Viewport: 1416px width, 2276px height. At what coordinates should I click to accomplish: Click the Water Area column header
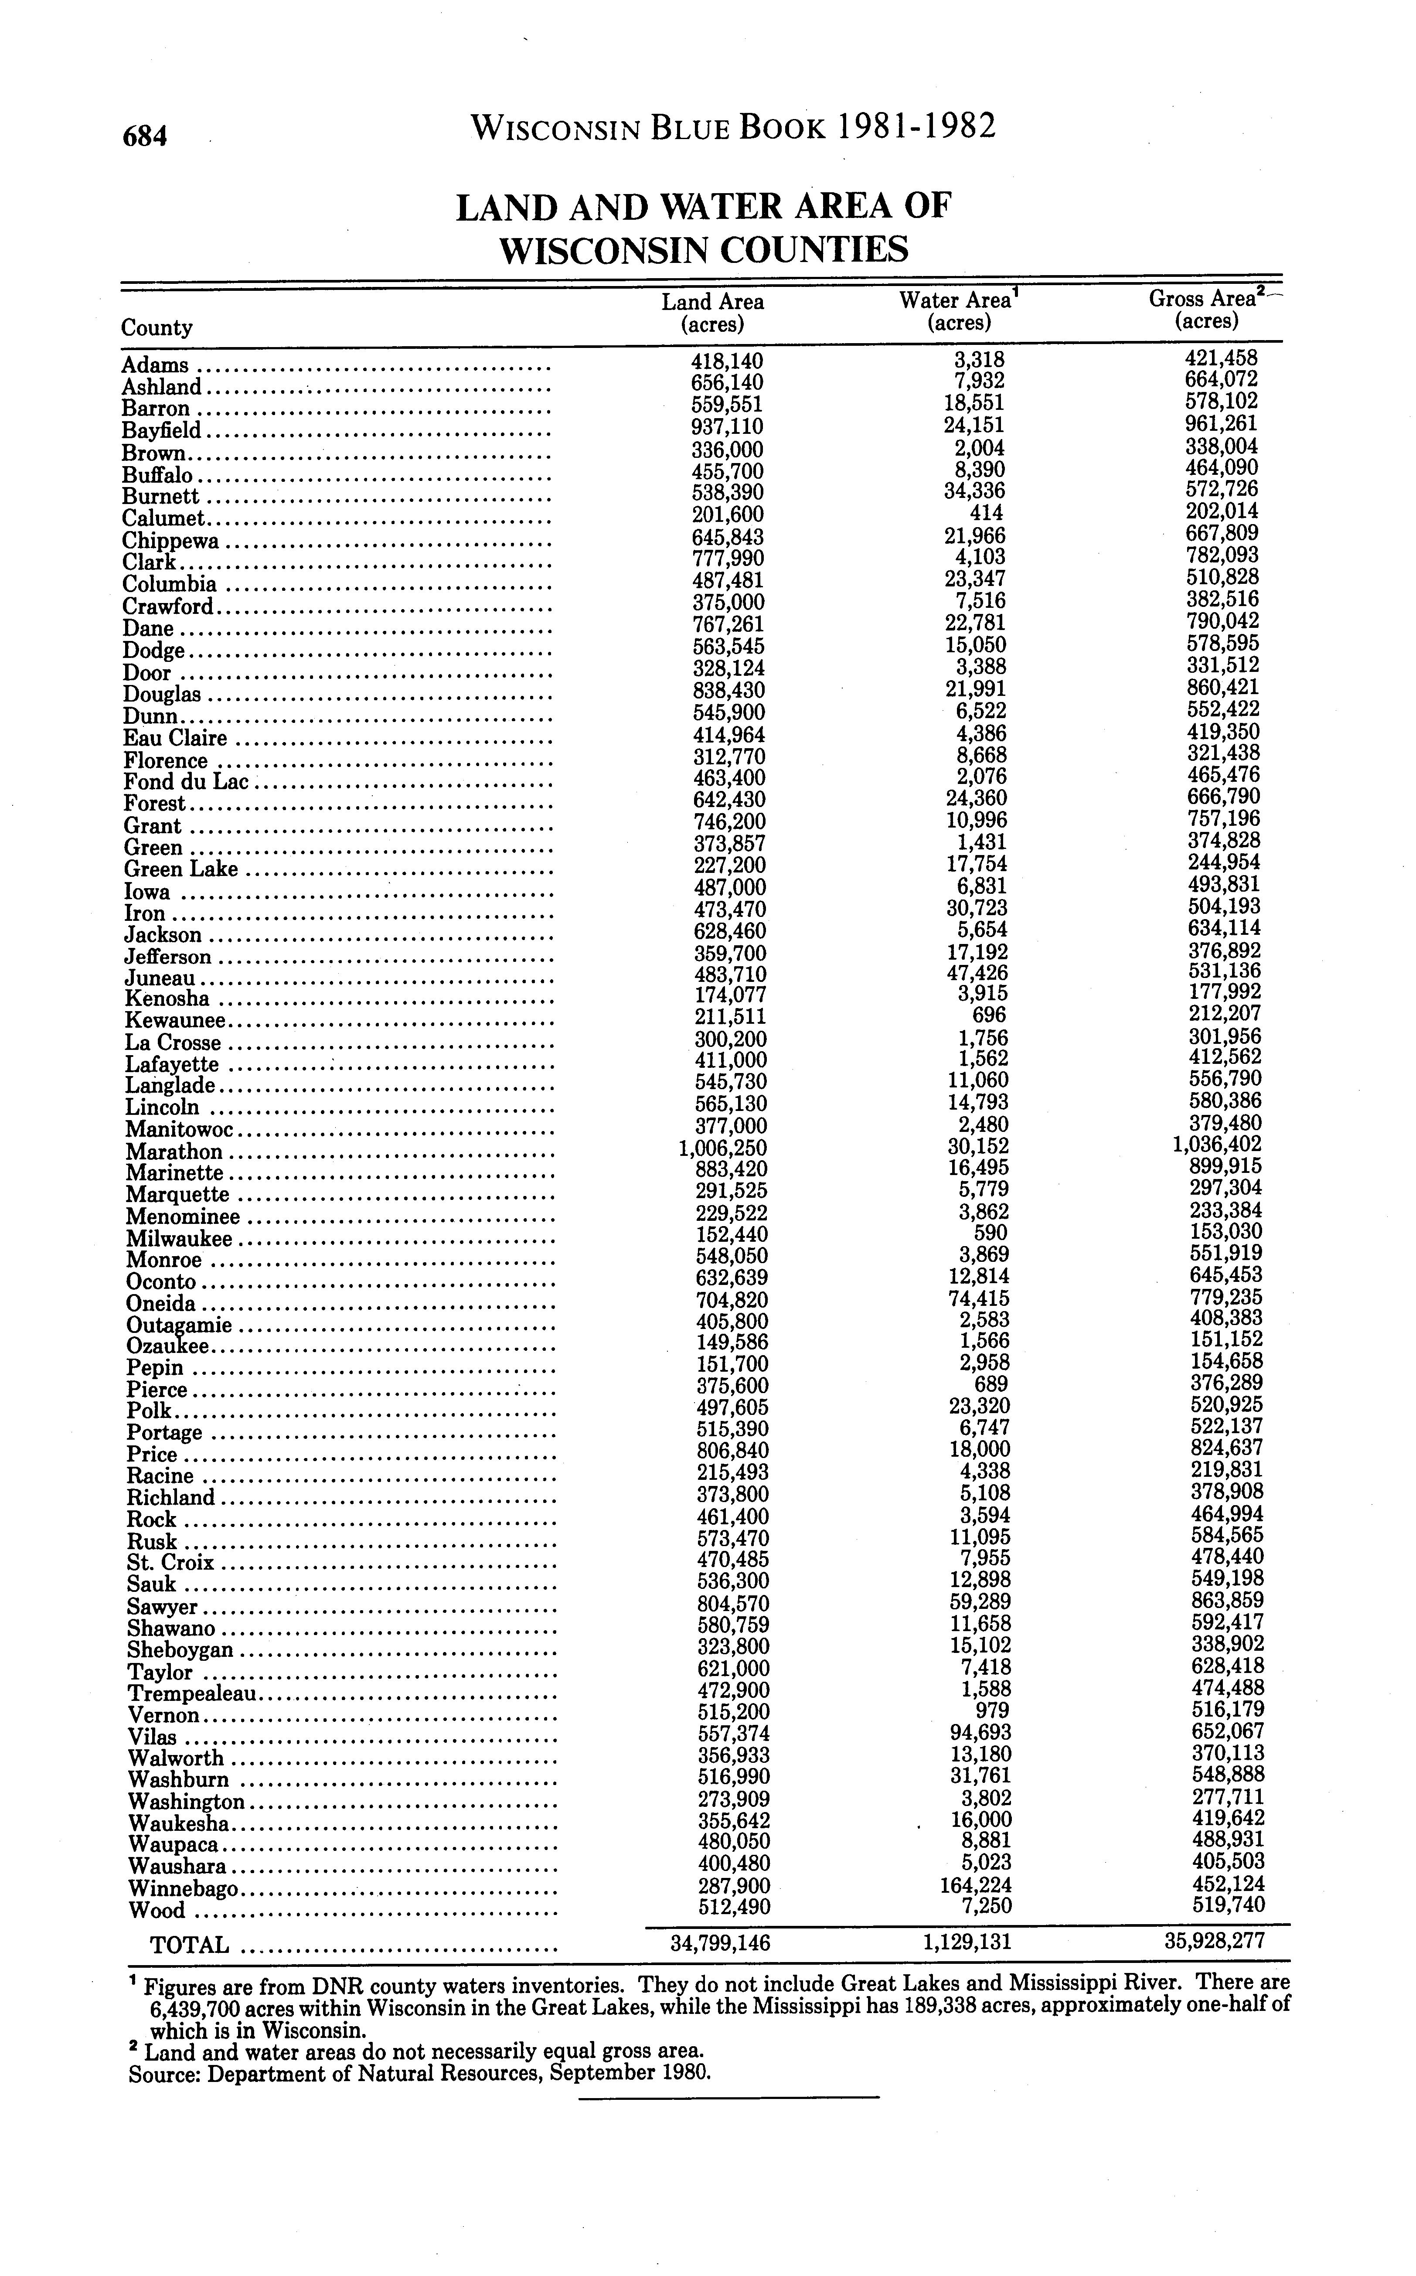pyautogui.click(x=959, y=311)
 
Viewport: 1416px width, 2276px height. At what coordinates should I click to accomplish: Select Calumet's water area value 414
pyautogui.click(x=987, y=513)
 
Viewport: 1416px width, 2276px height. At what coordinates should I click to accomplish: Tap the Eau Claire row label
pyautogui.click(x=176, y=738)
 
